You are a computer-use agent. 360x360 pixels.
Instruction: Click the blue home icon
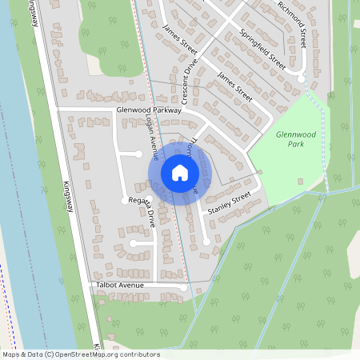click(180, 172)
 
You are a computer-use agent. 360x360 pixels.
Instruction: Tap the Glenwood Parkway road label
click(150, 111)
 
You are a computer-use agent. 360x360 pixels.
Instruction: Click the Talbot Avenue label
click(124, 284)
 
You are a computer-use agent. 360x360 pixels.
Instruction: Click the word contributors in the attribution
click(139, 354)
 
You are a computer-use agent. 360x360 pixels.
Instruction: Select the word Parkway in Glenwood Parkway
click(168, 111)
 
